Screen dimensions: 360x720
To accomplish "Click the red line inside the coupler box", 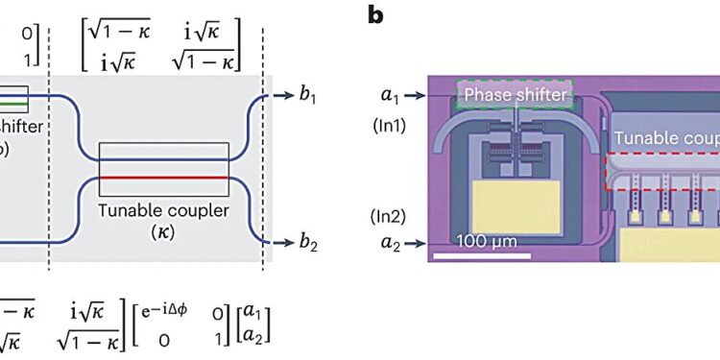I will point(163,178).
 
